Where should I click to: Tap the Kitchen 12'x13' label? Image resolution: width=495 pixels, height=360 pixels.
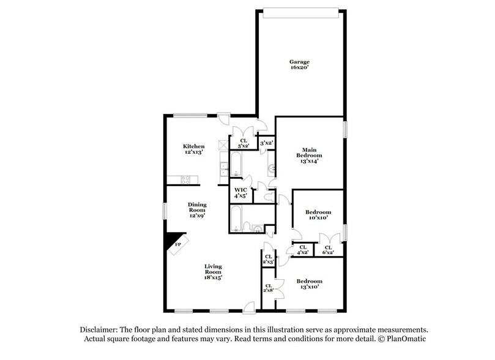[x=193, y=149]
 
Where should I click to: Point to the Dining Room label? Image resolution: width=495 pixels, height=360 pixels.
[x=197, y=210]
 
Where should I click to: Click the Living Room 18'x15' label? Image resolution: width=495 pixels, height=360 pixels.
[x=213, y=271]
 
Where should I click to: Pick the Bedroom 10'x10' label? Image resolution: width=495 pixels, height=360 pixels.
[x=318, y=214]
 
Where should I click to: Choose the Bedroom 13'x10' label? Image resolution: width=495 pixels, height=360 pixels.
[x=309, y=285]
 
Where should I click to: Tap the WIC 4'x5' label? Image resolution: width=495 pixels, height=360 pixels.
[x=240, y=193]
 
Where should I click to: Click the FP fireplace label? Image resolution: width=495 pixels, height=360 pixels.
[x=178, y=244]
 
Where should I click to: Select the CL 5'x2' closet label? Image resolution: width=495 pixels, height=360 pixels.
[x=243, y=143]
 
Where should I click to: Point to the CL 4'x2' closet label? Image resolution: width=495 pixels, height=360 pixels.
[x=302, y=249]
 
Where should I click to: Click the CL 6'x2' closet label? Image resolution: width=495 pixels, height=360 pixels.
[x=328, y=249]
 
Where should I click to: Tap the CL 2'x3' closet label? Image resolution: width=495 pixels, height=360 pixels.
[x=268, y=258]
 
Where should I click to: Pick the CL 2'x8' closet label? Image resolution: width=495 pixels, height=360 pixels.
[x=268, y=288]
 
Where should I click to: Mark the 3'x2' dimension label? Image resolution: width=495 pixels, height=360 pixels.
[x=266, y=143]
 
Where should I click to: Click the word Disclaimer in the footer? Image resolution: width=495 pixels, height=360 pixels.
[x=97, y=329]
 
